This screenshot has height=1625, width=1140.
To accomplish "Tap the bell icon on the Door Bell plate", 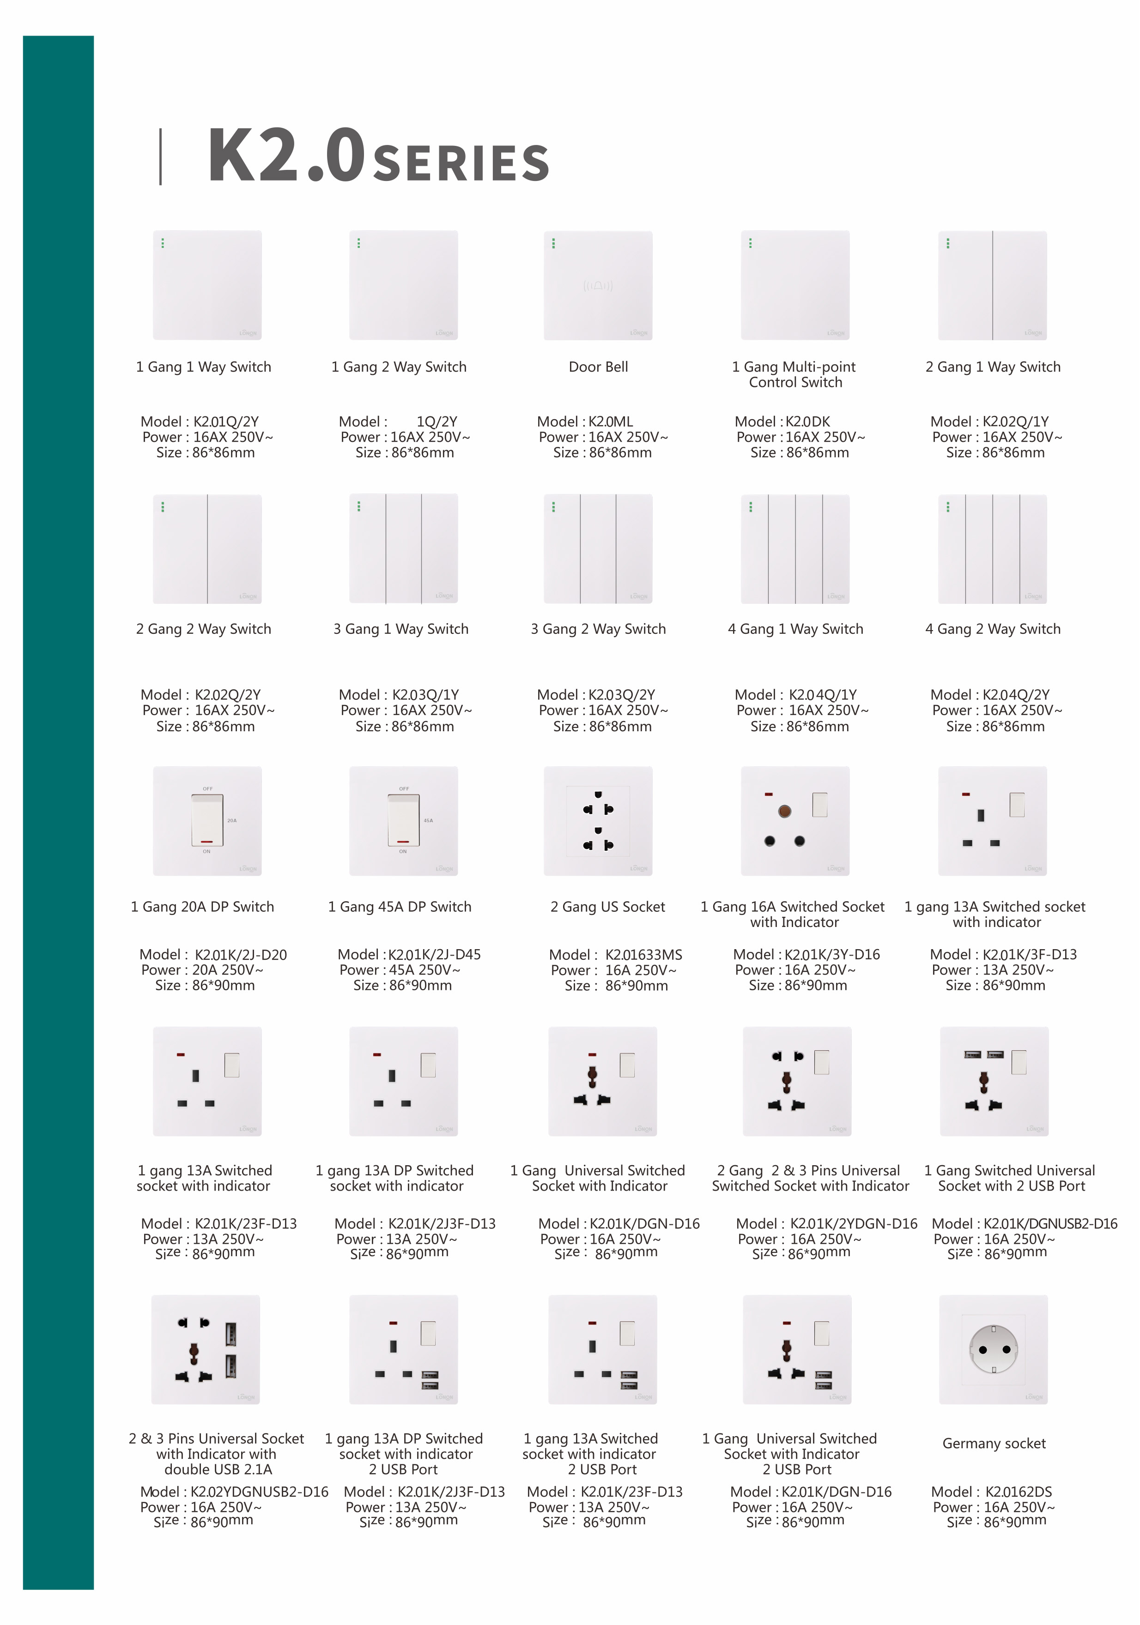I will (598, 285).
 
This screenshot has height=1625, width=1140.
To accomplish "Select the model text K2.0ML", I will (610, 422).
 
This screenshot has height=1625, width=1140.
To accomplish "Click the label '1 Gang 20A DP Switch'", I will (202, 907).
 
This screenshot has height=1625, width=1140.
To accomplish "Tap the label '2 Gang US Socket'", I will (607, 907).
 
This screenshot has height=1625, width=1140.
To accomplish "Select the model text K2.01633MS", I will (643, 955).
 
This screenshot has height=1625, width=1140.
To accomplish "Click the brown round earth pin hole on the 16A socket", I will (784, 811).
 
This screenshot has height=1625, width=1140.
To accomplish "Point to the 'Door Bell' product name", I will (598, 367).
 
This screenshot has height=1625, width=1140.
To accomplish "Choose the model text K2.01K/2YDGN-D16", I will (853, 1224).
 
